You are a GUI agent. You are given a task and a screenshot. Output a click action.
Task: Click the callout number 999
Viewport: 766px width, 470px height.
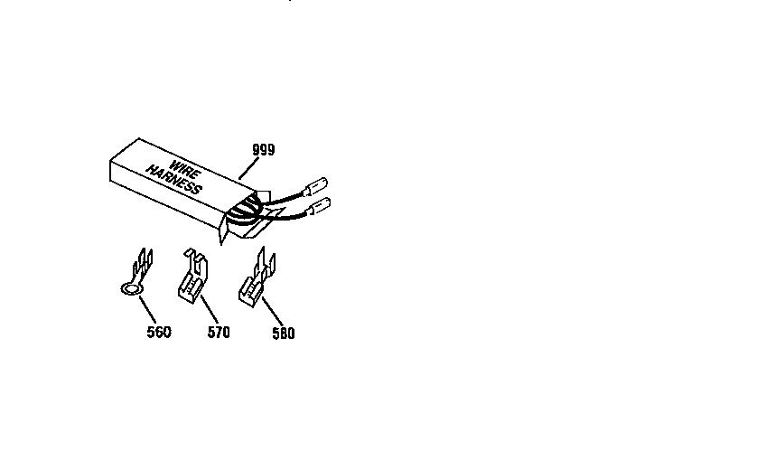pyautogui.click(x=264, y=149)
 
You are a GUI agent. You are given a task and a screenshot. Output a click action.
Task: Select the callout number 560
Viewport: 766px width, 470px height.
pyautogui.click(x=159, y=333)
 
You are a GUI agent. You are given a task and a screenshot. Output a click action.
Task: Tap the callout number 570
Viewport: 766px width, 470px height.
pyautogui.click(x=219, y=333)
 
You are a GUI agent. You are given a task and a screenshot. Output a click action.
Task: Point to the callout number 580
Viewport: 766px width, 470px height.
pyautogui.click(x=284, y=334)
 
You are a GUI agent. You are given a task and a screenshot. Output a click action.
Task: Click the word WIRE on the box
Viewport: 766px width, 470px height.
pyautogui.click(x=185, y=170)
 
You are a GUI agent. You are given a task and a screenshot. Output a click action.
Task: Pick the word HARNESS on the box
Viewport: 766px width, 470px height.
pyautogui.click(x=174, y=179)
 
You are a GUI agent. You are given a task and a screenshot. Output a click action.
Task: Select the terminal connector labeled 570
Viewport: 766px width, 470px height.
pyautogui.click(x=193, y=276)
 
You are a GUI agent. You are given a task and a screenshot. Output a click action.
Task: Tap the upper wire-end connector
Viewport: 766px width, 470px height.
pyautogui.click(x=316, y=186)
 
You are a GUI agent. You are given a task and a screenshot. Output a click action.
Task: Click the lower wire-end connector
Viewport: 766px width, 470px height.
pyautogui.click(x=320, y=206)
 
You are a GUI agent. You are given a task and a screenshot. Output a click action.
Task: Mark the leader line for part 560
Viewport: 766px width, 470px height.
pyautogui.click(x=148, y=309)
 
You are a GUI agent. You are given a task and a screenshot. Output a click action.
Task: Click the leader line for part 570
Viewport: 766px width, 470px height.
pyautogui.click(x=210, y=309)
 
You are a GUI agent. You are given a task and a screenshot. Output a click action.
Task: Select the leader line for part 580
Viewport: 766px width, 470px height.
pyautogui.click(x=273, y=312)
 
